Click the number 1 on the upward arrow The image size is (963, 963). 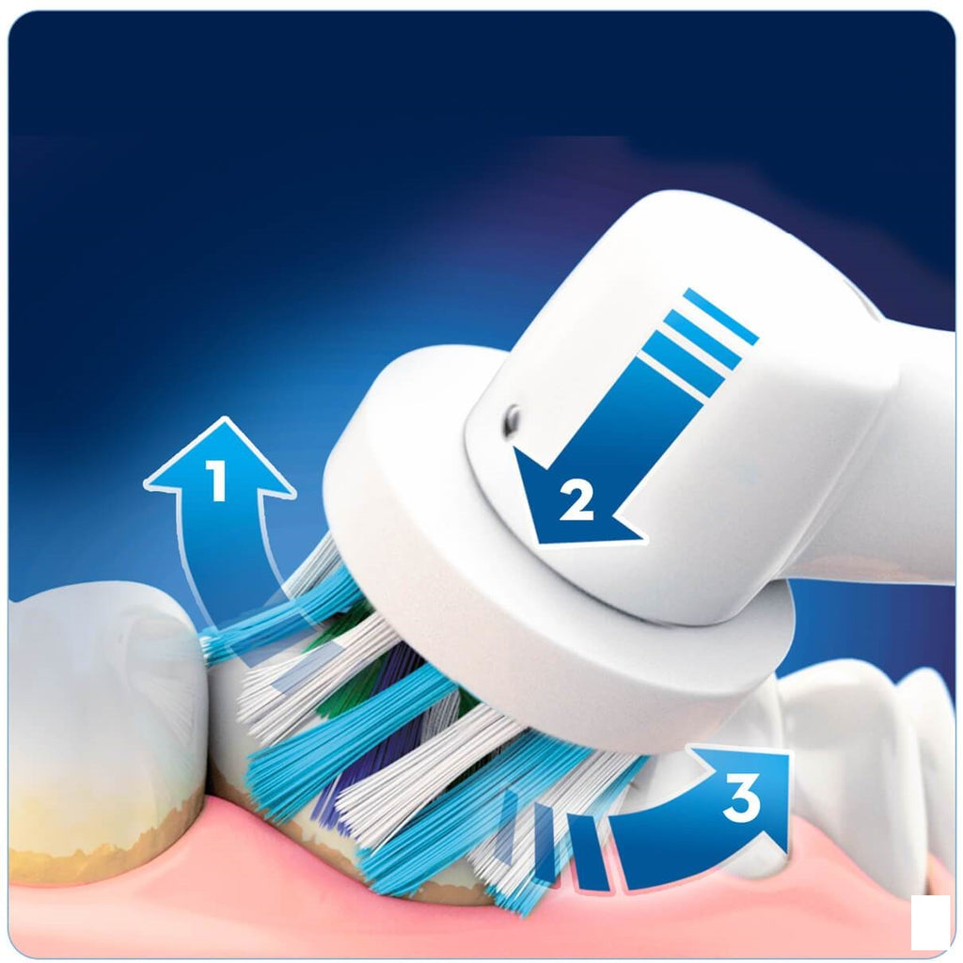point(218,482)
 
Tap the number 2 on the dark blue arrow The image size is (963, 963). point(576,501)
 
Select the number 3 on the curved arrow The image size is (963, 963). point(741,800)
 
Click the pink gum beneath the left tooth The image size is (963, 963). point(141,903)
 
